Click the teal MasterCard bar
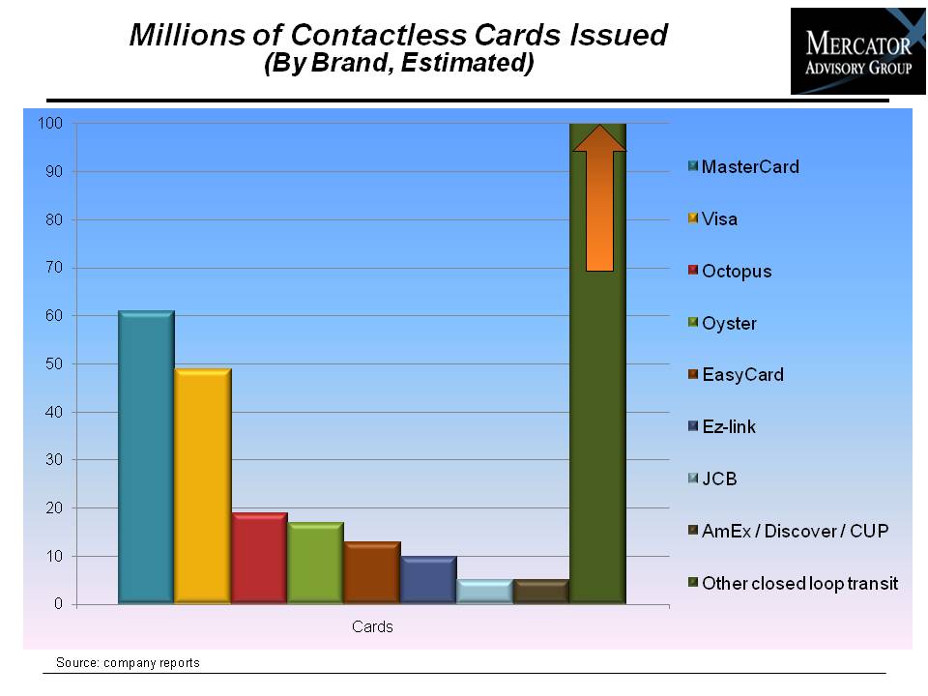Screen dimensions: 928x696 click(x=146, y=457)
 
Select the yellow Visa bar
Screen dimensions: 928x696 click(x=203, y=486)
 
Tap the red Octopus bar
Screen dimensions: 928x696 click(x=259, y=558)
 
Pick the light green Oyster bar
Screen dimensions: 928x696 click(x=315, y=563)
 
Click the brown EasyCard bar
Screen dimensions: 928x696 click(x=372, y=572)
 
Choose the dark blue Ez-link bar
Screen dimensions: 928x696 click(x=428, y=580)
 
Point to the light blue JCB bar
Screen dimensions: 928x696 click(x=484, y=592)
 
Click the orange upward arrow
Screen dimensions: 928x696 click(x=599, y=197)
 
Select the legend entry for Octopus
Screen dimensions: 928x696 click(x=731, y=271)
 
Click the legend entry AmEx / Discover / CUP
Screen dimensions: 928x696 click(x=789, y=531)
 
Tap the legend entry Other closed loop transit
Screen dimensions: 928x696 click(x=793, y=583)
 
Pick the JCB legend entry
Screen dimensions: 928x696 click(x=712, y=478)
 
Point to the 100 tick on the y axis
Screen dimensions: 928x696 click(x=50, y=123)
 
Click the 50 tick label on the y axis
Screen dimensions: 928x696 click(x=54, y=364)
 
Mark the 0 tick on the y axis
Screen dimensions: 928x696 click(x=58, y=603)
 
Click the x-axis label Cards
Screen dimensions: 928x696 click(x=372, y=626)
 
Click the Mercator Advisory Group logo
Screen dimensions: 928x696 click(x=858, y=51)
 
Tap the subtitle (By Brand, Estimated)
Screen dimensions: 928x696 click(x=399, y=63)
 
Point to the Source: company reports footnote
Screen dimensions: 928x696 click(x=128, y=663)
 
